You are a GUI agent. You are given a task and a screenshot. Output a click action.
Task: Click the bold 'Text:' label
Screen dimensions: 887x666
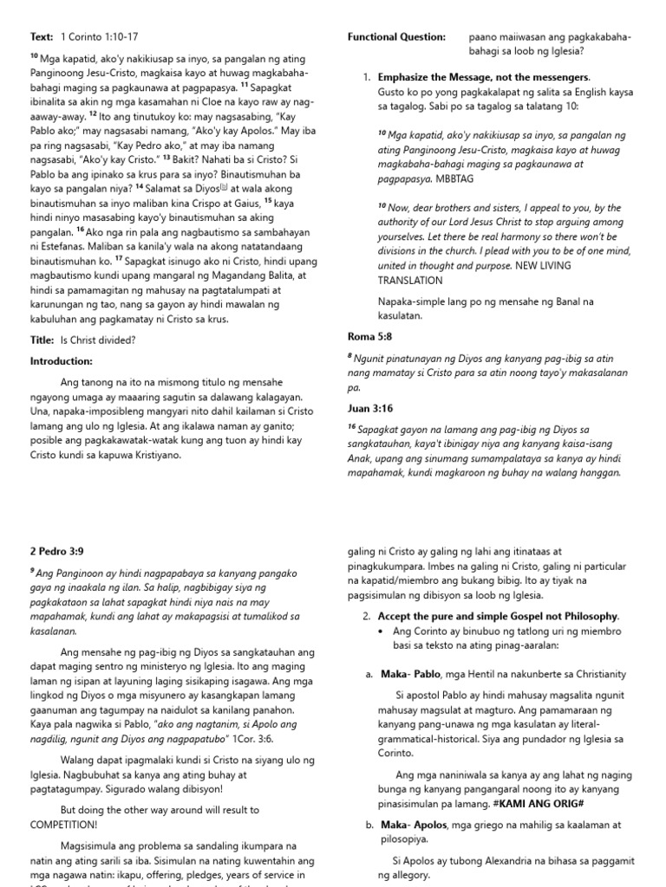(42, 37)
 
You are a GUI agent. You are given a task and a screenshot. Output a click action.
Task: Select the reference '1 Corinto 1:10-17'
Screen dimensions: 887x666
(99, 37)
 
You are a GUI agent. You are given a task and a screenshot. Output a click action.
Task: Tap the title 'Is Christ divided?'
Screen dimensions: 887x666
(97, 340)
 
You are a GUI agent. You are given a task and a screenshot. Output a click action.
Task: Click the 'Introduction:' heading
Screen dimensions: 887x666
(61, 361)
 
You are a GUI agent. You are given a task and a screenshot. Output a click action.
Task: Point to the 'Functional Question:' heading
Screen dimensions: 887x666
(396, 37)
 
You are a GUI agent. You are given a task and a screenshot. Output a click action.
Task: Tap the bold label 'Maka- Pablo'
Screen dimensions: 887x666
(408, 674)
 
